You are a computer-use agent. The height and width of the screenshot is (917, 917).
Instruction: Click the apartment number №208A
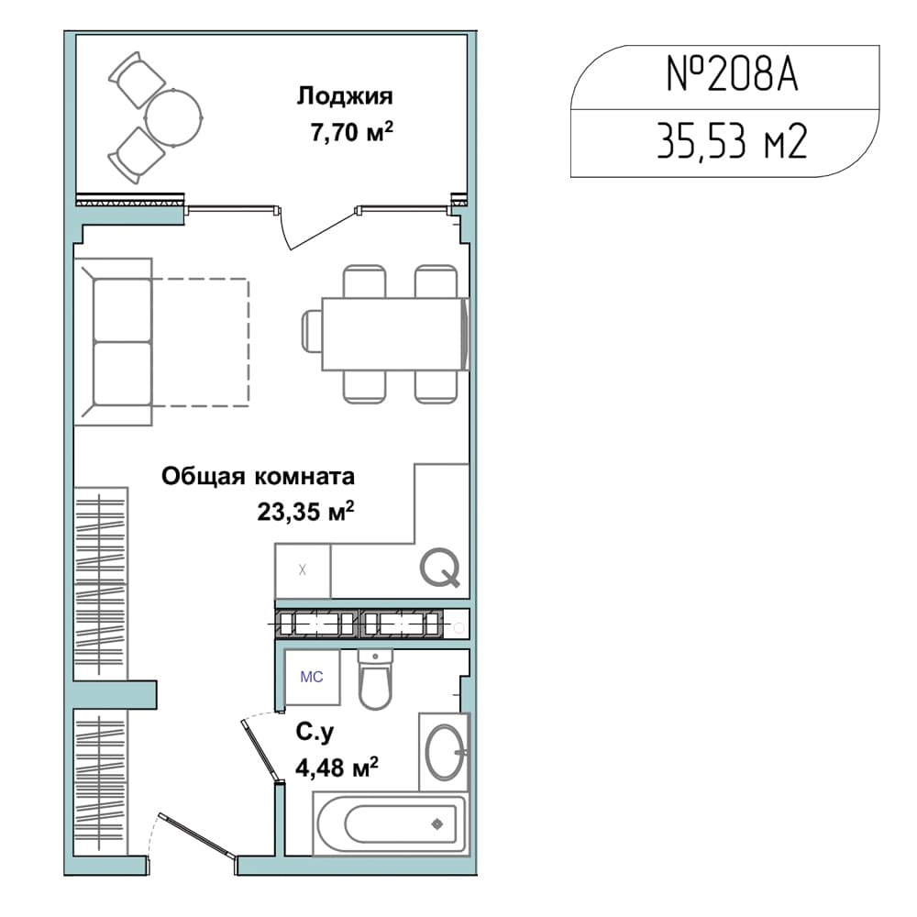(732, 75)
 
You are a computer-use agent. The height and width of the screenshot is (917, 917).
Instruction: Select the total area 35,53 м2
(732, 141)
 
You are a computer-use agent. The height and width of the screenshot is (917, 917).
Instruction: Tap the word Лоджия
(345, 96)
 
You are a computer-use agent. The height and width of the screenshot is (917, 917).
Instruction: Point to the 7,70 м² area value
(351, 132)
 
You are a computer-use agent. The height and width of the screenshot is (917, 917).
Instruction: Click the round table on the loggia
(173, 117)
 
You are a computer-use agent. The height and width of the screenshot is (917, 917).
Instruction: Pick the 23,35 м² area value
(306, 512)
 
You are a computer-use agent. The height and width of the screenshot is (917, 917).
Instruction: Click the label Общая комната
(258, 476)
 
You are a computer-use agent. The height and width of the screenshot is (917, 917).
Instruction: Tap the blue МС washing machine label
(311, 677)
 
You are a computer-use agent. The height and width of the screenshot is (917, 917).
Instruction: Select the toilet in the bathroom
(375, 680)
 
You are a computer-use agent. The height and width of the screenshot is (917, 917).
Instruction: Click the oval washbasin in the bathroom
(446, 752)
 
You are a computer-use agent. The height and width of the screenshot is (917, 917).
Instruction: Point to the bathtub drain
(436, 824)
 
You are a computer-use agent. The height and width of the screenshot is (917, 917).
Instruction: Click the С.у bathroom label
(315, 732)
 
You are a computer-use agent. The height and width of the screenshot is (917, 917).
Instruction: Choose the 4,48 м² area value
(337, 768)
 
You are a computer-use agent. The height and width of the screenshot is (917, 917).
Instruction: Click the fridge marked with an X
(303, 570)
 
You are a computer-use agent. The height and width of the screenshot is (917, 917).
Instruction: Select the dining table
(395, 334)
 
